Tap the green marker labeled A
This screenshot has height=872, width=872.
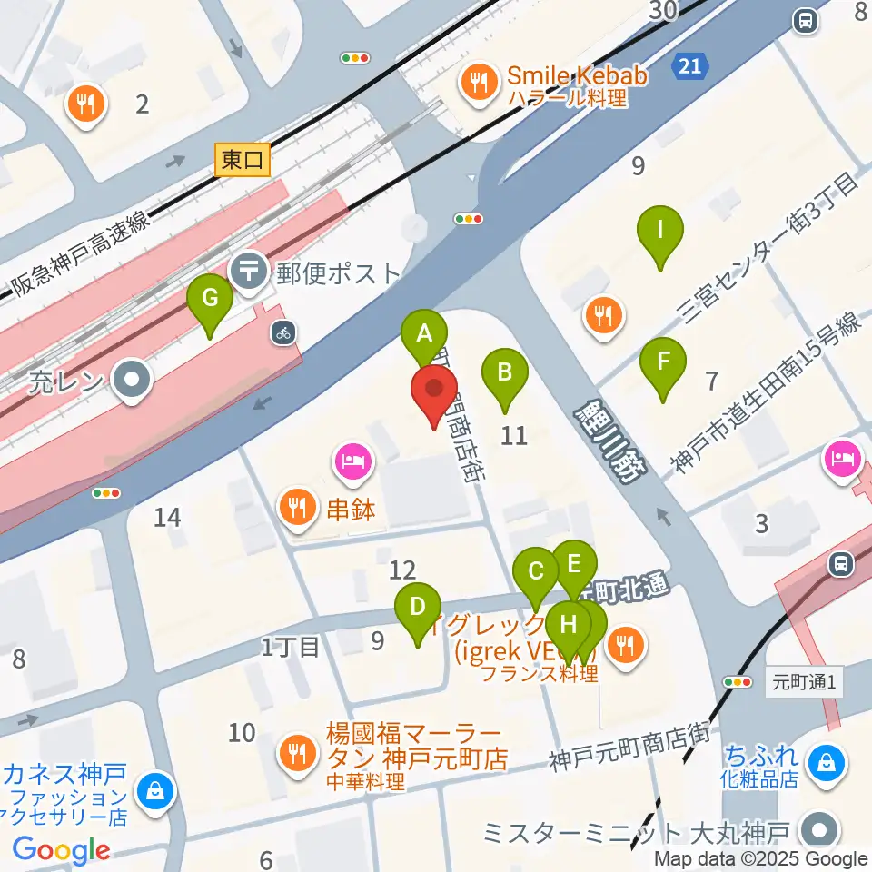pos(423,333)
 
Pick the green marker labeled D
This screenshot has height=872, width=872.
pos(418,606)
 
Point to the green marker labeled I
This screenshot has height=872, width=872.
pos(660,232)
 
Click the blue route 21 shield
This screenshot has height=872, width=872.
pos(690,64)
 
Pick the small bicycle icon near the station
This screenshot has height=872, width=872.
pos(283,332)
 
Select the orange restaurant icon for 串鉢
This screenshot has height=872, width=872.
pos(297,507)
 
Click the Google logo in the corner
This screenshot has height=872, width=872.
pos(61,850)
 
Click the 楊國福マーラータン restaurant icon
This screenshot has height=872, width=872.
pos(296,750)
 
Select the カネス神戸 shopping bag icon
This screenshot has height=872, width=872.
pos(155,790)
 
